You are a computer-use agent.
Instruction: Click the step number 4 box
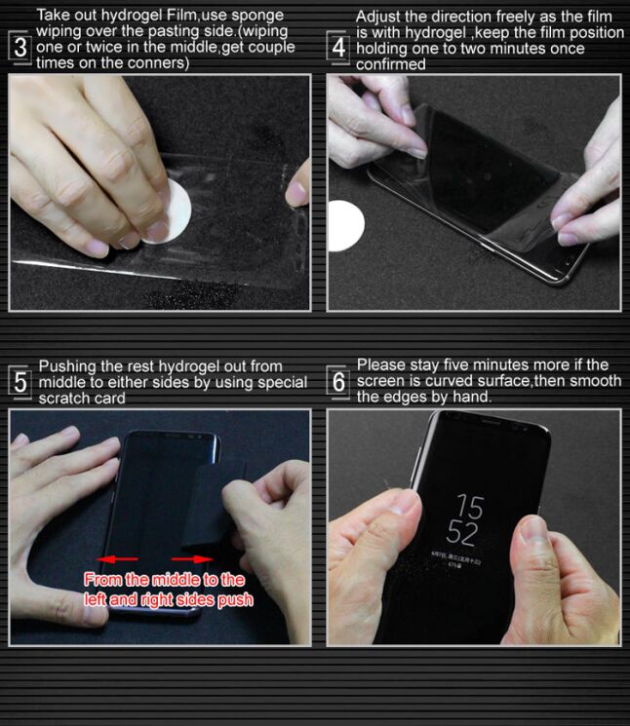(338, 46)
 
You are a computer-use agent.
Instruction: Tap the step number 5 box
(20, 381)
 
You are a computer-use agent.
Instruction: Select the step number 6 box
(338, 381)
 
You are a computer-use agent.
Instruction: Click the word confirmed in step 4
(390, 64)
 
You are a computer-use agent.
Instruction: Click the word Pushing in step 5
(71, 366)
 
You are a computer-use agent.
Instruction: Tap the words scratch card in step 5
(82, 398)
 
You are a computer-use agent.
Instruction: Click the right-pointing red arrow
(201, 559)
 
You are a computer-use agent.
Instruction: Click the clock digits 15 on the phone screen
(470, 507)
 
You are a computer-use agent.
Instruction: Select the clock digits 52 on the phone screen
(462, 533)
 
